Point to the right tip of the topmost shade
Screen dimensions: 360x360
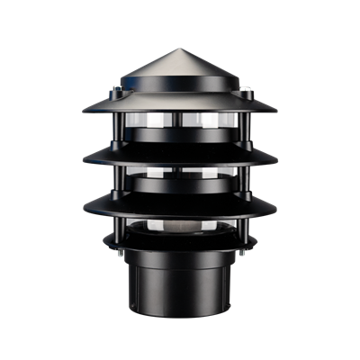pos(278,112)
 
